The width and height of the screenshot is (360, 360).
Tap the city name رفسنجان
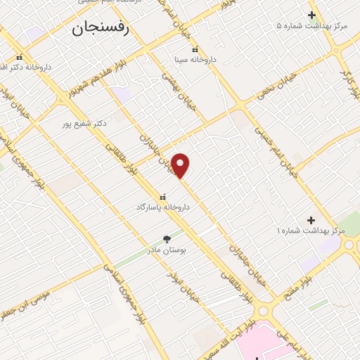pyautogui.click(x=100, y=29)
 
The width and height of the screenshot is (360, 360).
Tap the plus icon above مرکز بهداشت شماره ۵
pyautogui.click(x=312, y=15)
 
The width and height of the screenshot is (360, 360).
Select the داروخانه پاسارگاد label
pyautogui.click(x=163, y=208)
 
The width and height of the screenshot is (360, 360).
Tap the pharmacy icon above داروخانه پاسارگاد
pyautogui.click(x=163, y=197)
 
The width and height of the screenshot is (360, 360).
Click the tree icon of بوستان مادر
pyautogui.click(x=167, y=239)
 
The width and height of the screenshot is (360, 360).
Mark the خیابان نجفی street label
pyautogui.click(x=276, y=91)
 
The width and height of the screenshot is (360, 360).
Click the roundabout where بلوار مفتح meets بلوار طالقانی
pyautogui.click(x=265, y=310)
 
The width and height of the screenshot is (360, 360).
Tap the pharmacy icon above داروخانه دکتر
pyautogui.click(x=19, y=57)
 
